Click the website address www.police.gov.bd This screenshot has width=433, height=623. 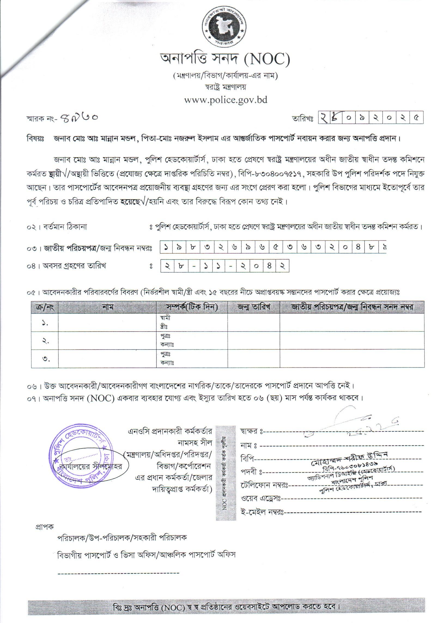(x=226, y=100)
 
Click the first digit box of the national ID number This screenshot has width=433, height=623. (x=166, y=248)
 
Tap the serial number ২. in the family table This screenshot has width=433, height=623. (x=45, y=341)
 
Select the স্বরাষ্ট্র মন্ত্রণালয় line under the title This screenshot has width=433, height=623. (x=226, y=88)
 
